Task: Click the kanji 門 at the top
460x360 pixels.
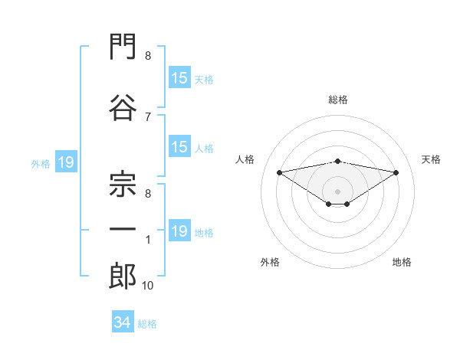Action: (123, 46)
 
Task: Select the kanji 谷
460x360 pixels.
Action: (123, 107)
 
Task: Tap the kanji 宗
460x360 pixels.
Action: (123, 184)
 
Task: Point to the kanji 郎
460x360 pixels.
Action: (123, 276)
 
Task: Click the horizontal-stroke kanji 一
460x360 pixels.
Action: (123, 229)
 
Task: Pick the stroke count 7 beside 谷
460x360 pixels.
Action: (148, 117)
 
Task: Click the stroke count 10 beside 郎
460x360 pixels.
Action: (147, 285)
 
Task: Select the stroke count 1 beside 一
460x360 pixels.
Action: (148, 240)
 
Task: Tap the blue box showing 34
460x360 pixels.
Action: (123, 321)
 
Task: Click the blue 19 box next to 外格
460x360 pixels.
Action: (66, 162)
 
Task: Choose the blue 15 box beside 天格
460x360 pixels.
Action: (179, 77)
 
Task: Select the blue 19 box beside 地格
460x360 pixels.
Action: (179, 230)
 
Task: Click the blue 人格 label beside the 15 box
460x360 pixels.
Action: (204, 149)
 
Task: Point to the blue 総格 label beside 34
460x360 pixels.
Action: (147, 324)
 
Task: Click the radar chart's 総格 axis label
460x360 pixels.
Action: (338, 100)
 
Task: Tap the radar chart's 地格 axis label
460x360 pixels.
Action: (402, 262)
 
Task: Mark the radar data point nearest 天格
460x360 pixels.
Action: (396, 172)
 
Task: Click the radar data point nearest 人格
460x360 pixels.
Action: (279, 172)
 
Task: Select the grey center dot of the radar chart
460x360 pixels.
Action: (337, 191)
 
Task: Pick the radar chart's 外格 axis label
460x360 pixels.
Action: (270, 262)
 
